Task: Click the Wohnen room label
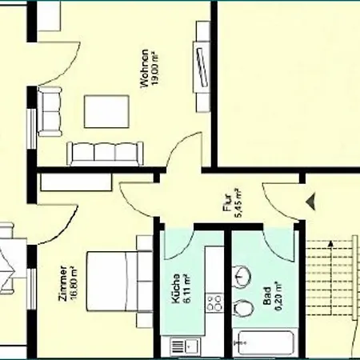[145, 68]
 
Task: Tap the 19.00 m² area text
[155, 70]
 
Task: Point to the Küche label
[176, 289]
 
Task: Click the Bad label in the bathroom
[267, 296]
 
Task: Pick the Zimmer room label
[63, 284]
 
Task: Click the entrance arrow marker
[311, 202]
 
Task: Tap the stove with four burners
[214, 302]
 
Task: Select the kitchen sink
[184, 346]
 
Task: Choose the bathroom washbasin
[242, 277]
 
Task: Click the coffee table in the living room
[106, 111]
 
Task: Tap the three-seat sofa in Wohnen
[105, 154]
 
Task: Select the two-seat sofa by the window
[50, 111]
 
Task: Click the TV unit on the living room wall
[202, 67]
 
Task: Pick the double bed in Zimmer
[119, 281]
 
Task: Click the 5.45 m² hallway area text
[238, 203]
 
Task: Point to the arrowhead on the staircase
[330, 243]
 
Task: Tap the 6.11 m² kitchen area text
[187, 289]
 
